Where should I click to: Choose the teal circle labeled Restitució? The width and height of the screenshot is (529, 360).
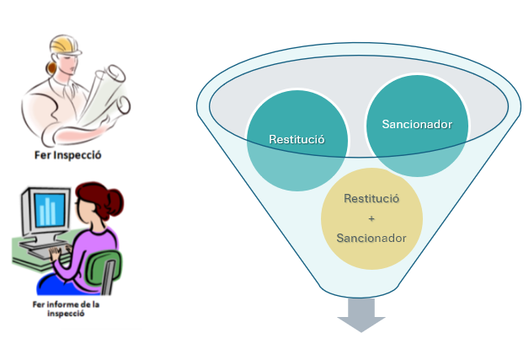(x=296, y=139)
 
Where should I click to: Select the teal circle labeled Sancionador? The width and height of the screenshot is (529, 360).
(x=416, y=125)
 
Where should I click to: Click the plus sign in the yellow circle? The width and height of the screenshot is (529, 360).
(x=371, y=218)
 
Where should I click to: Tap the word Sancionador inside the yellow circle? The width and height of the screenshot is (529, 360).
(x=371, y=238)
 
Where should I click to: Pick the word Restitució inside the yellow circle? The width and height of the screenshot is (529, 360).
(x=371, y=198)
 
